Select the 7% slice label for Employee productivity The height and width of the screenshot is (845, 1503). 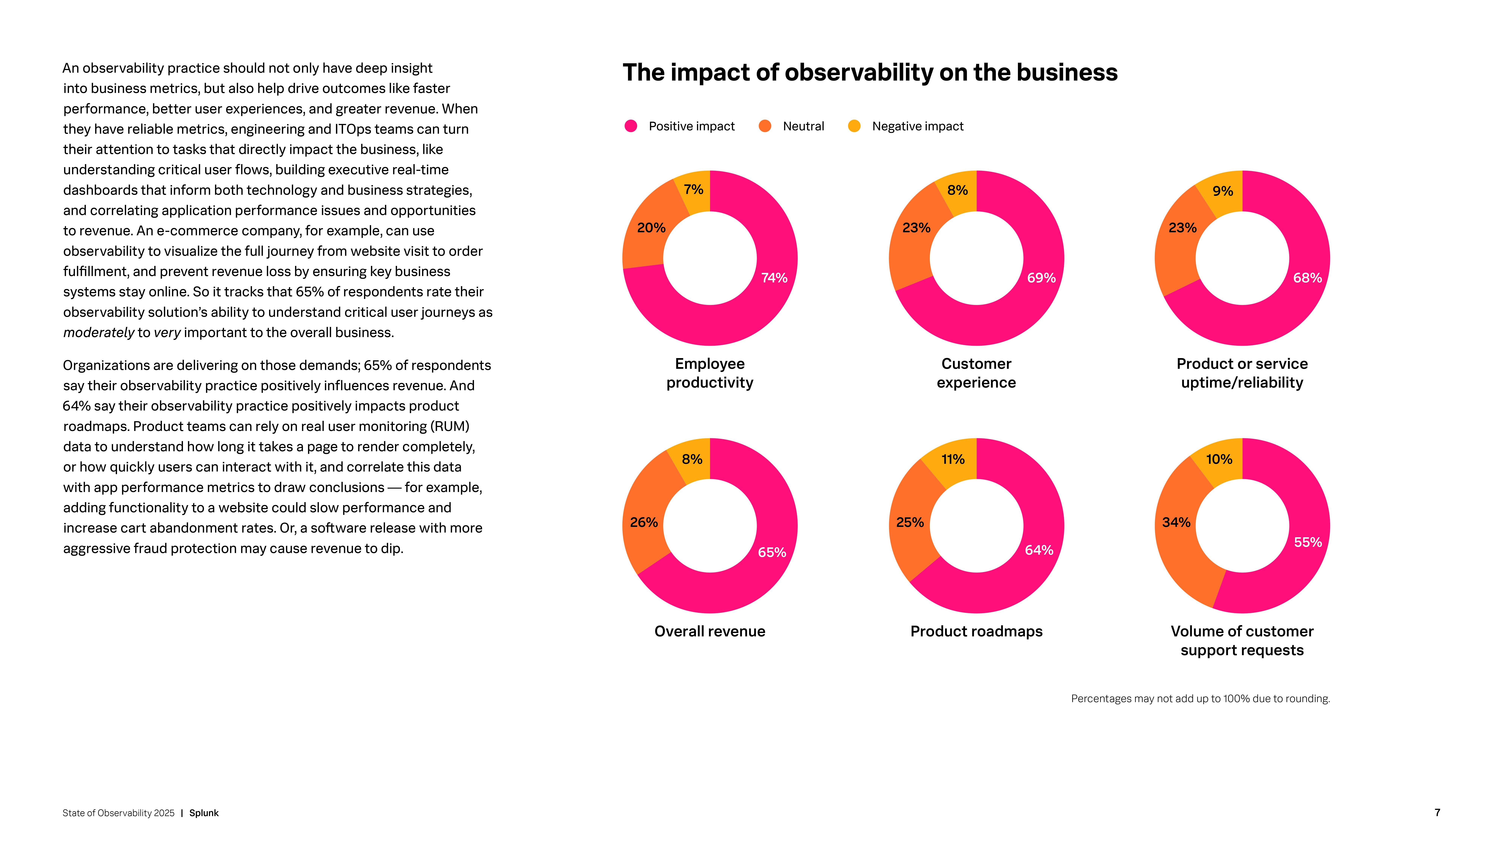tap(693, 189)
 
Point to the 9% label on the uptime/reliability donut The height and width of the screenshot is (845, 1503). tap(1222, 191)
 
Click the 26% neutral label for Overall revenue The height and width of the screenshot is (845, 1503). tap(643, 523)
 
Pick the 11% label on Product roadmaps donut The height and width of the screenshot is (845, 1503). tap(953, 459)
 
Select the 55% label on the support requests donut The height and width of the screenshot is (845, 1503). tap(1308, 542)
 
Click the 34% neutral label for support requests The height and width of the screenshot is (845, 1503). tap(1176, 523)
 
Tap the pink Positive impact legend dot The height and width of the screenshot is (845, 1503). tap(631, 126)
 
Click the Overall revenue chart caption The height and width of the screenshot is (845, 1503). tap(709, 631)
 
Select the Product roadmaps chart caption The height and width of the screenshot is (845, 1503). tap(976, 631)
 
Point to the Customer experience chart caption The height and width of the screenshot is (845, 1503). tap(976, 373)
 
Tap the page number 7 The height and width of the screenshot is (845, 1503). tap(1437, 812)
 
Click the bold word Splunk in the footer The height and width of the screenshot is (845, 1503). tap(204, 813)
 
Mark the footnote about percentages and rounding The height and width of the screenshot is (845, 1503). tap(1200, 699)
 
